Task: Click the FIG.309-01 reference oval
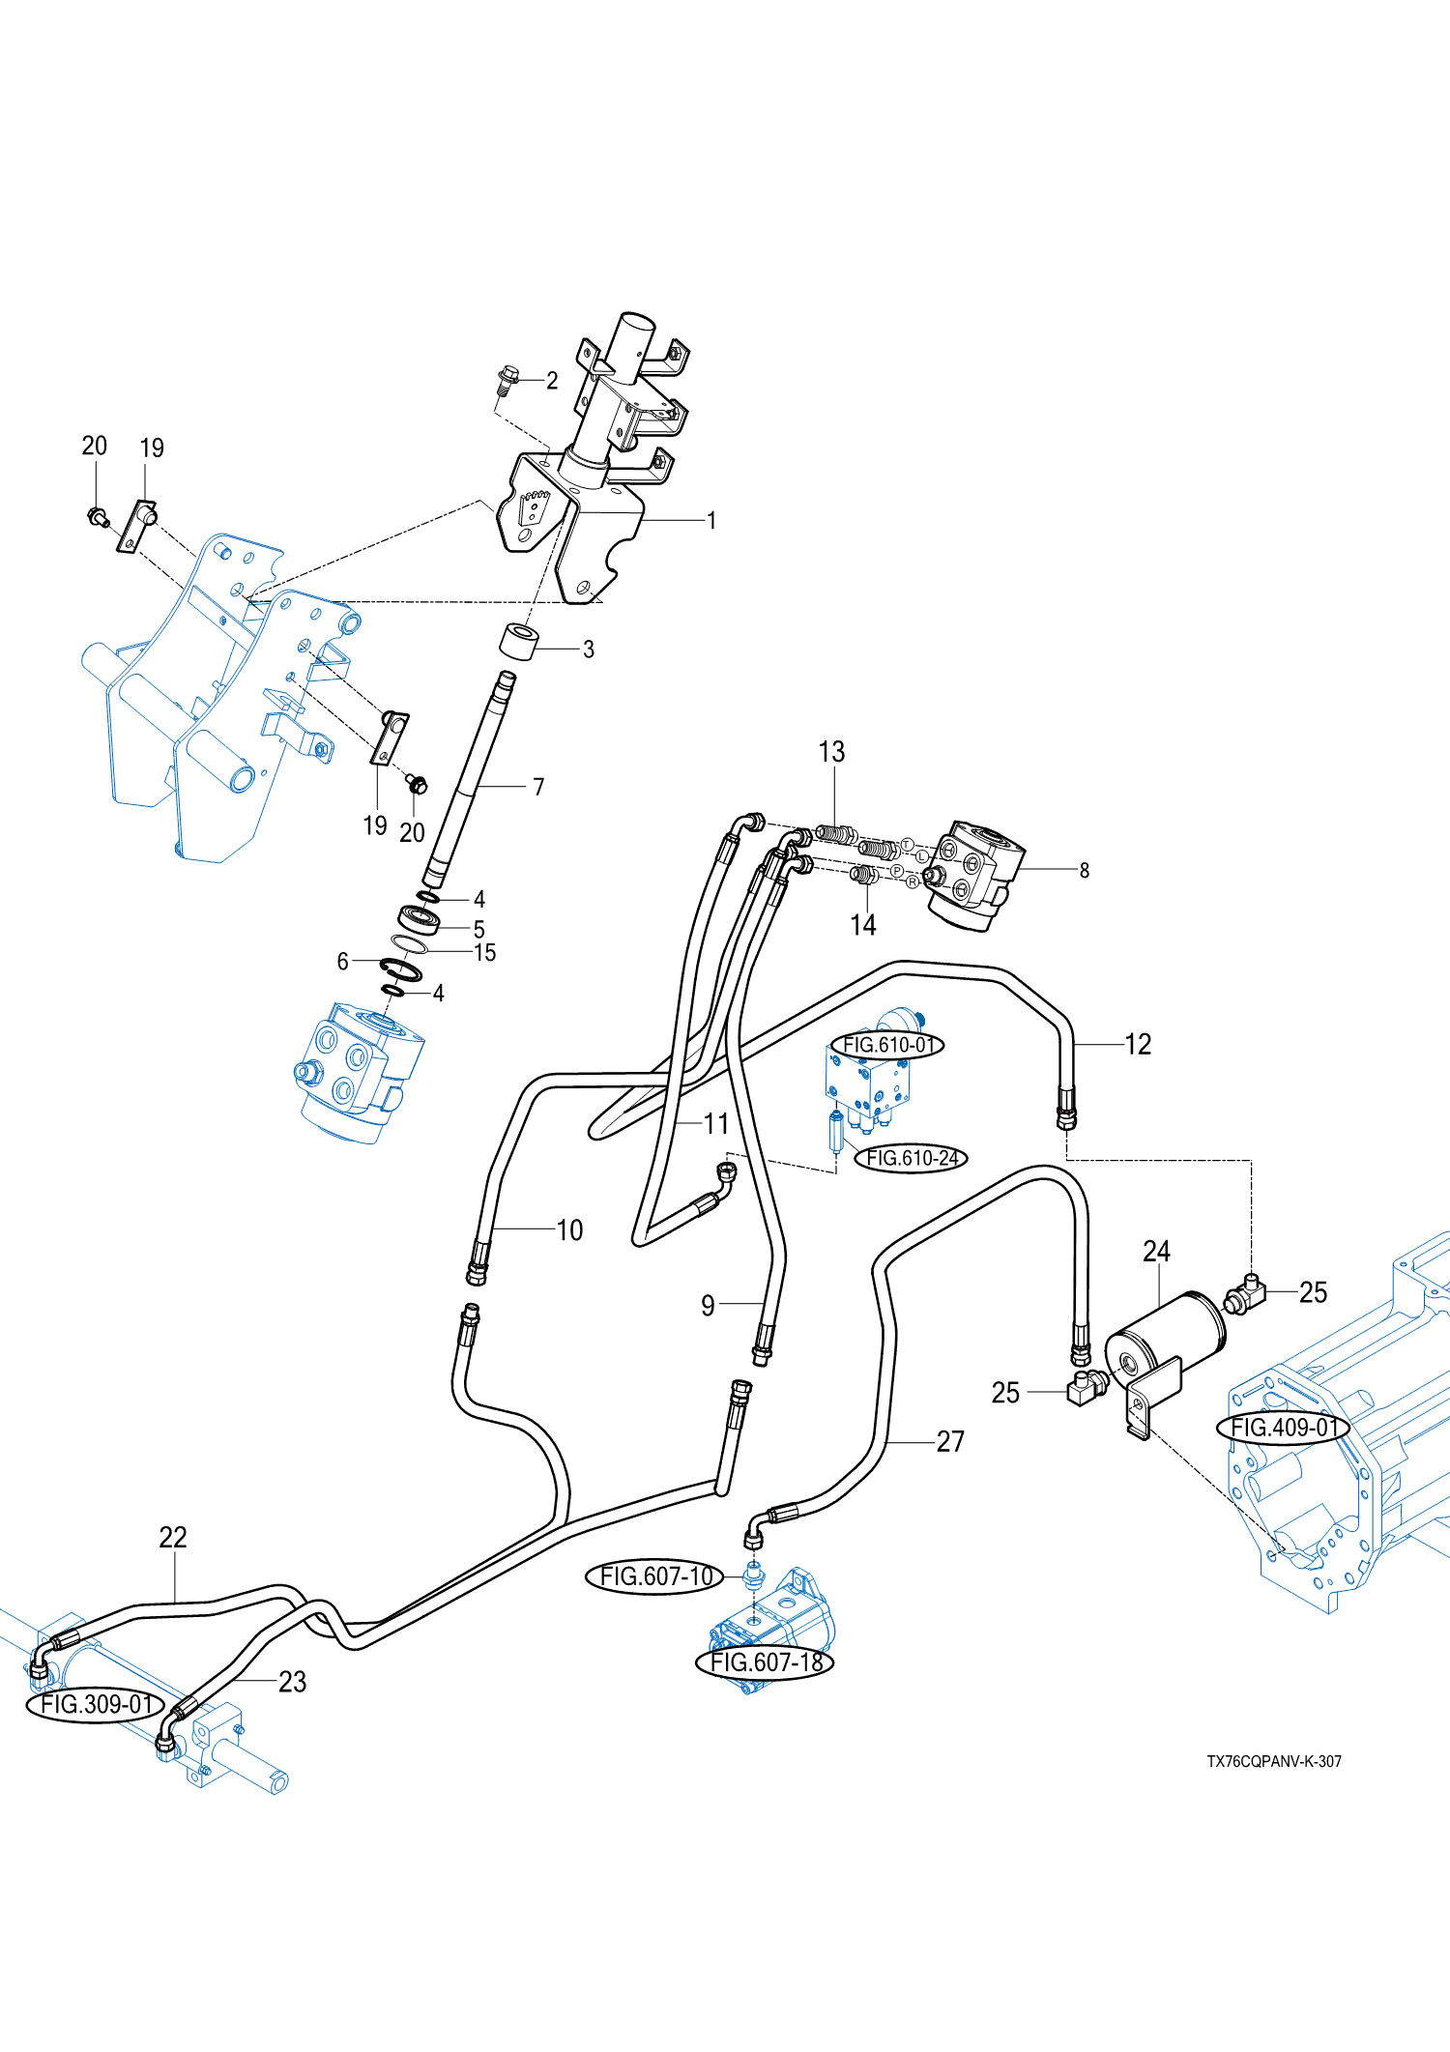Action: point(95,1704)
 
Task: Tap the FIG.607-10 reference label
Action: point(655,1576)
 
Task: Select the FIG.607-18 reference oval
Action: point(766,1662)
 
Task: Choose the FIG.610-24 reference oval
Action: point(912,1158)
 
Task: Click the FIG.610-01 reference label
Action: point(887,1045)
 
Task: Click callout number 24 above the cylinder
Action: point(1156,1252)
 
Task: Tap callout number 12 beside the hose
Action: point(1138,1044)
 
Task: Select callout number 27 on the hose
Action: point(950,1441)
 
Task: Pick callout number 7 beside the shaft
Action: point(538,787)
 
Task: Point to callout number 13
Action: point(831,752)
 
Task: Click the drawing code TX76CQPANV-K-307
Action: point(1273,1761)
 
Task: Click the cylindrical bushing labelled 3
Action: point(518,642)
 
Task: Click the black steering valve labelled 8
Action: point(974,875)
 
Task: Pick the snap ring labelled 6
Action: point(400,969)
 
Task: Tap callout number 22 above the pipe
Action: point(173,1537)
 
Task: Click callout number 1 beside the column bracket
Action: point(711,520)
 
